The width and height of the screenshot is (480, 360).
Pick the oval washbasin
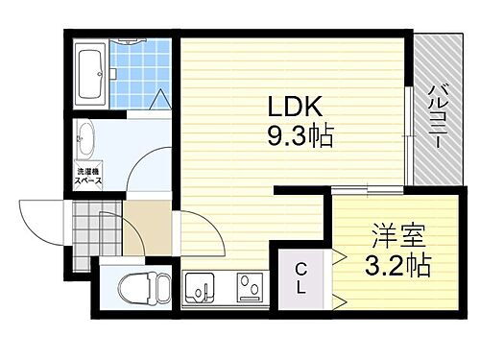pos(84,135)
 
